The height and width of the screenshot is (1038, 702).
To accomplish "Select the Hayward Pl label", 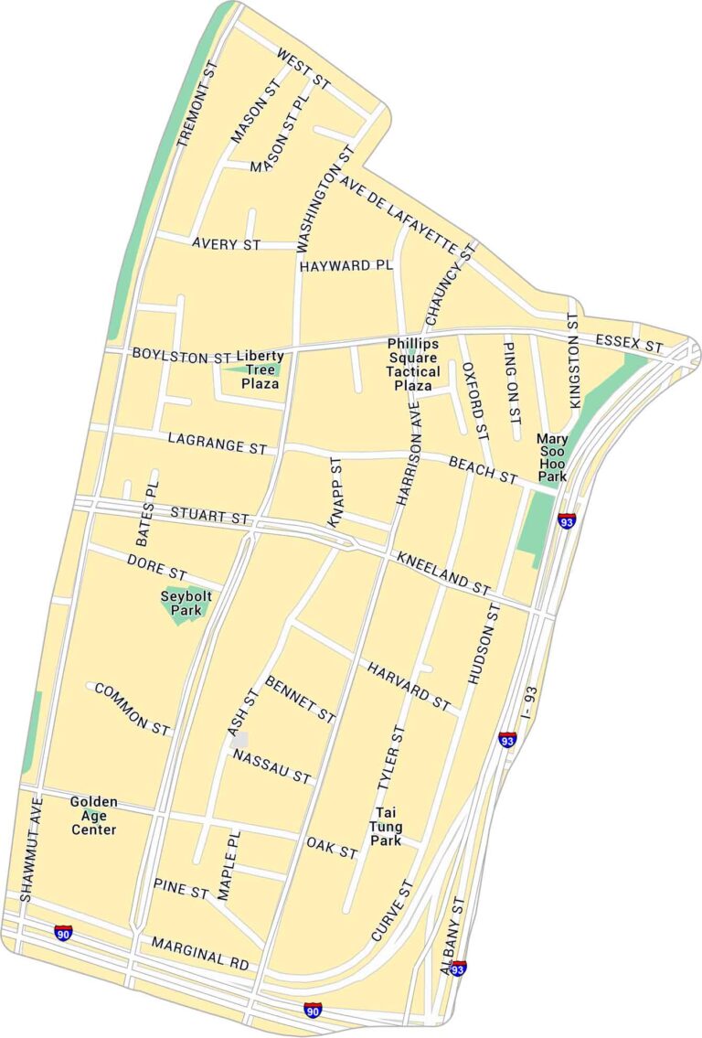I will pyautogui.click(x=346, y=266).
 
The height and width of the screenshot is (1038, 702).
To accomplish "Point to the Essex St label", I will pyautogui.click(x=628, y=345).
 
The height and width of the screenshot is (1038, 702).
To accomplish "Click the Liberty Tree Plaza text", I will pyautogui.click(x=260, y=369).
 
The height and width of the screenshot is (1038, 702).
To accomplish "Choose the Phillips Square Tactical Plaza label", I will pyautogui.click(x=412, y=364).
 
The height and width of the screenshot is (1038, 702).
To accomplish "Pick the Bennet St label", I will pyautogui.click(x=300, y=699).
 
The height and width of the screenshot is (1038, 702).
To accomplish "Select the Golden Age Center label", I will pyautogui.click(x=94, y=816).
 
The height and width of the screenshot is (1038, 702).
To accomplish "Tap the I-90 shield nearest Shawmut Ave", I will pyautogui.click(x=63, y=932).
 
